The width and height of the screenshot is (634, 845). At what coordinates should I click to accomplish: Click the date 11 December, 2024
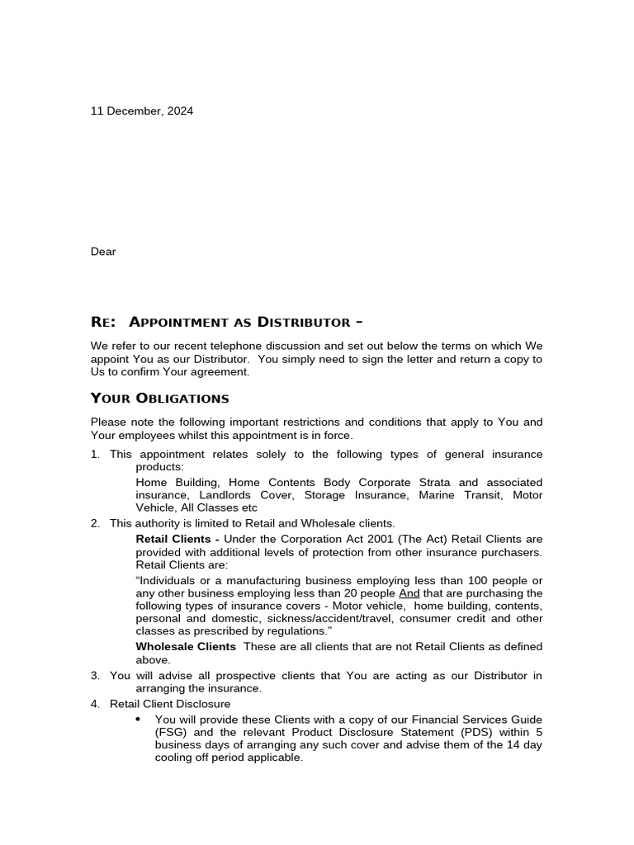142,111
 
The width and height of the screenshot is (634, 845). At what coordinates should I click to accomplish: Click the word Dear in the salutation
103,252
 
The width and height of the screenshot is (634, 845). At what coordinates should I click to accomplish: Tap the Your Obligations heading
159,399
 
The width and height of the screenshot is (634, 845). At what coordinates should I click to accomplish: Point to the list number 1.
95,455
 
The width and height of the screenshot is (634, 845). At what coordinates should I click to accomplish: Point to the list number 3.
95,675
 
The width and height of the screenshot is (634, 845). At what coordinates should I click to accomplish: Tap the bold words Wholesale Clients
186,647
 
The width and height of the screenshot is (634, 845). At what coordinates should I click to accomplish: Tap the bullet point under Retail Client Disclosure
138,719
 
